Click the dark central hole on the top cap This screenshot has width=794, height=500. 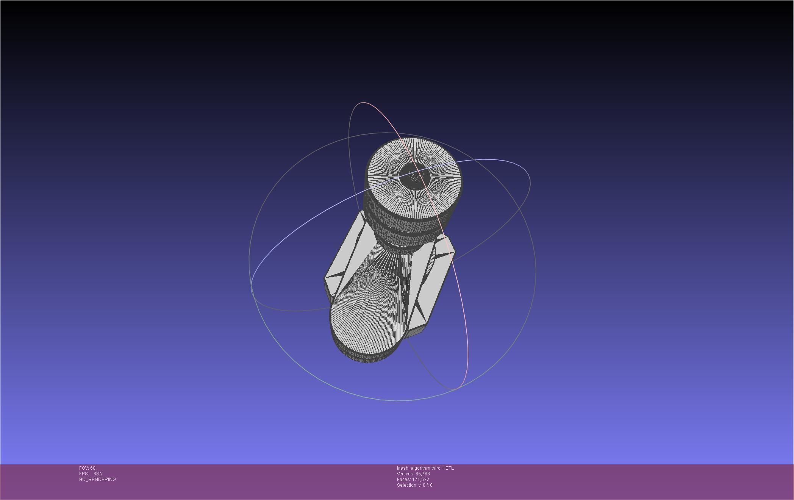pyautogui.click(x=415, y=176)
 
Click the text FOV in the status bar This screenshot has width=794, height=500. pyautogui.click(x=84, y=468)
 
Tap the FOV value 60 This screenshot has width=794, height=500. pyautogui.click(x=93, y=468)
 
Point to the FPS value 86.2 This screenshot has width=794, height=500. pyautogui.click(x=98, y=474)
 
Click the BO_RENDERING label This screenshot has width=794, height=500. pyautogui.click(x=97, y=480)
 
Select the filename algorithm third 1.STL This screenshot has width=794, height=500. pyautogui.click(x=432, y=468)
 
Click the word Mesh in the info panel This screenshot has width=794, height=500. pyautogui.click(x=402, y=468)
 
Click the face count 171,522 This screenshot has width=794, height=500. pyautogui.click(x=420, y=480)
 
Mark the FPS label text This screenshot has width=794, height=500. pyautogui.click(x=84, y=474)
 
